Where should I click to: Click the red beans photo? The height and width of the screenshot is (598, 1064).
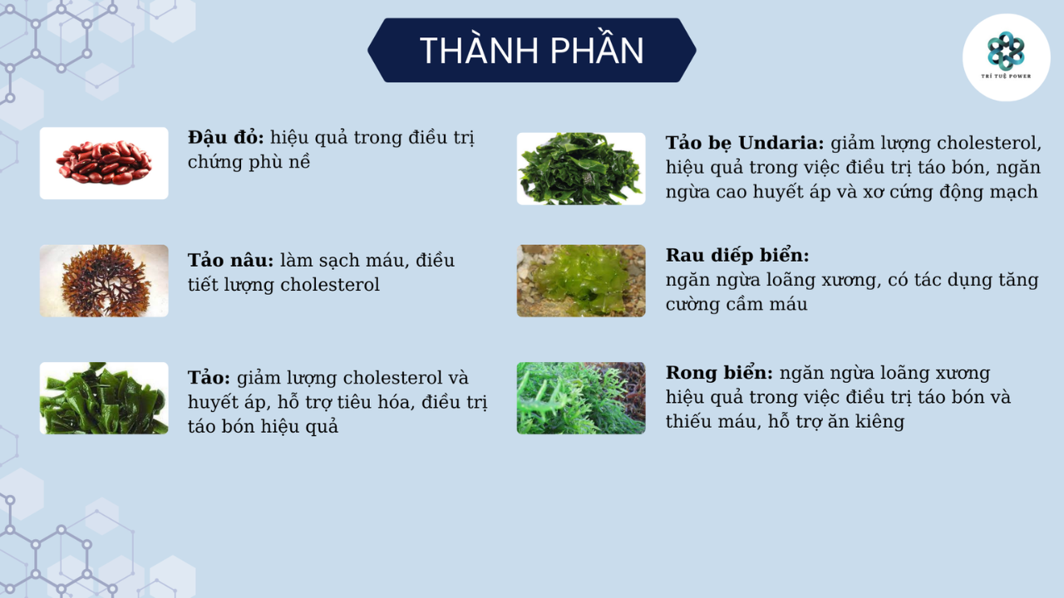[x=104, y=163]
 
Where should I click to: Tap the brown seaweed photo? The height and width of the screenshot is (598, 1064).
[x=104, y=281]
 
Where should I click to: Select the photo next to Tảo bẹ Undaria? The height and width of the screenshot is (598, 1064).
[x=581, y=169]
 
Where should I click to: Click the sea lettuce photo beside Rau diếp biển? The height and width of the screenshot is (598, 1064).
[x=581, y=281]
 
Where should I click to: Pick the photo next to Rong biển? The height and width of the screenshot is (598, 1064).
[x=581, y=398]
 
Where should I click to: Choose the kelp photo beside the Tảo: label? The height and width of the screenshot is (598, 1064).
[x=104, y=398]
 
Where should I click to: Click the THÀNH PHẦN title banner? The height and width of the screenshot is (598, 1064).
[x=531, y=51]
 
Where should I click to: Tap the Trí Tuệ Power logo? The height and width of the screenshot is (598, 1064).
[x=1006, y=56]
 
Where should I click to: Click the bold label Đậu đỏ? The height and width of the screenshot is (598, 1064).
[x=225, y=137]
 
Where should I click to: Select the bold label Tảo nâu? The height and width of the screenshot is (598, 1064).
[x=230, y=260]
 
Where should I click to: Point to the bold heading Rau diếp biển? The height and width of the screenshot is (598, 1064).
[x=736, y=255]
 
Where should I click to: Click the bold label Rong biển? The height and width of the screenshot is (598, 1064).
[x=719, y=372]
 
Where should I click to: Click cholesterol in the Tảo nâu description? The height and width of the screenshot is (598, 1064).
[x=330, y=285]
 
